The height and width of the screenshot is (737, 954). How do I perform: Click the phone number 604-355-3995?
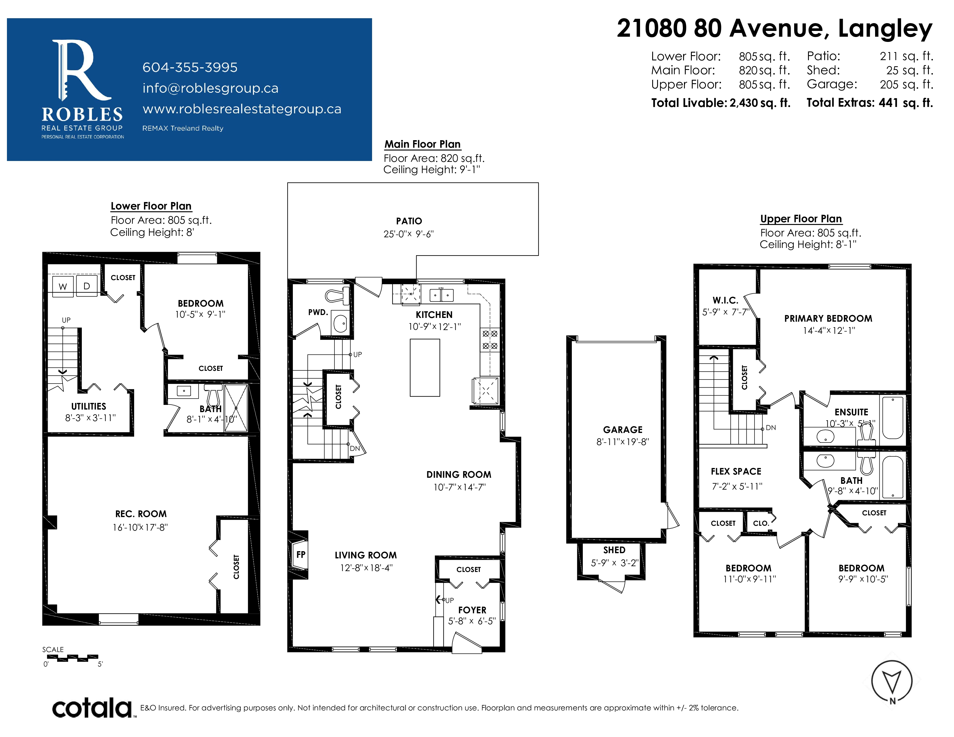(190, 68)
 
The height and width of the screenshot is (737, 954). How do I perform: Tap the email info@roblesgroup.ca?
(210, 88)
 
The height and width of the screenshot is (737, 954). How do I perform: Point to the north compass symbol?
(892, 682)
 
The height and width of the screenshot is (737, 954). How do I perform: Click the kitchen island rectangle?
(425, 368)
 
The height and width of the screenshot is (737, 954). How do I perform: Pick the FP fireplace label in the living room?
(301, 555)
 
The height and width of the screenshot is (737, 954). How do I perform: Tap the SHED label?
(614, 550)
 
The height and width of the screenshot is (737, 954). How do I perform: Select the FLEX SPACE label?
(736, 472)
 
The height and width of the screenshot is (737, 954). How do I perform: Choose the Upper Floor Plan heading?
(801, 219)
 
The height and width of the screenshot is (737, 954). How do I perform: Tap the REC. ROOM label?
(141, 514)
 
